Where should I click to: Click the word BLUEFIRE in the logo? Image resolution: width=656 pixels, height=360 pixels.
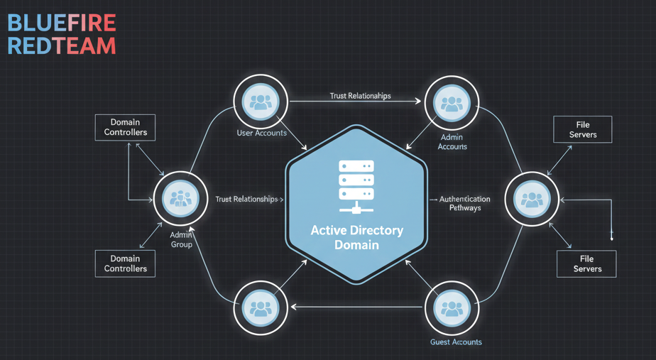coord(61,22)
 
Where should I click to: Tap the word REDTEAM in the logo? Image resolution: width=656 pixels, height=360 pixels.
coord(61,46)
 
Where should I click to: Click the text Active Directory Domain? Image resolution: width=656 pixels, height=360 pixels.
coord(356,237)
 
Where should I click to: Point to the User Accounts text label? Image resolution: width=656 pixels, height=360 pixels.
coord(262,133)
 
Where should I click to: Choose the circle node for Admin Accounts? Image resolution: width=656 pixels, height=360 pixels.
coord(452,104)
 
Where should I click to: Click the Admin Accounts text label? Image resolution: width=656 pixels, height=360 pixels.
coord(452,142)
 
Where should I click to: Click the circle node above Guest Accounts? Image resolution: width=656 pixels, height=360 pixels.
coord(452,307)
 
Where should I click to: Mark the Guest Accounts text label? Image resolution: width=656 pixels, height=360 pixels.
coord(456,342)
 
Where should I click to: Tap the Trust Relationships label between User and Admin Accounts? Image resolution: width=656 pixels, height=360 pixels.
coord(360,96)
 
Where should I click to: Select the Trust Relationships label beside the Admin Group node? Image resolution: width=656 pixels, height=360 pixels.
coord(246,200)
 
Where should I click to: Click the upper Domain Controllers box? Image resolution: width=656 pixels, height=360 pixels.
coord(126,127)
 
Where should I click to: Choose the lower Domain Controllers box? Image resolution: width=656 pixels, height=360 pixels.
coord(126,263)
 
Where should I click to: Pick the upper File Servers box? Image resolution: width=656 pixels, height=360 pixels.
coord(583,130)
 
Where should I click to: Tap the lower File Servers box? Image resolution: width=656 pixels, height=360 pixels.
coord(586,263)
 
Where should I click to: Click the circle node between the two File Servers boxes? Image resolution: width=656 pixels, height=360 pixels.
coord(531,200)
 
